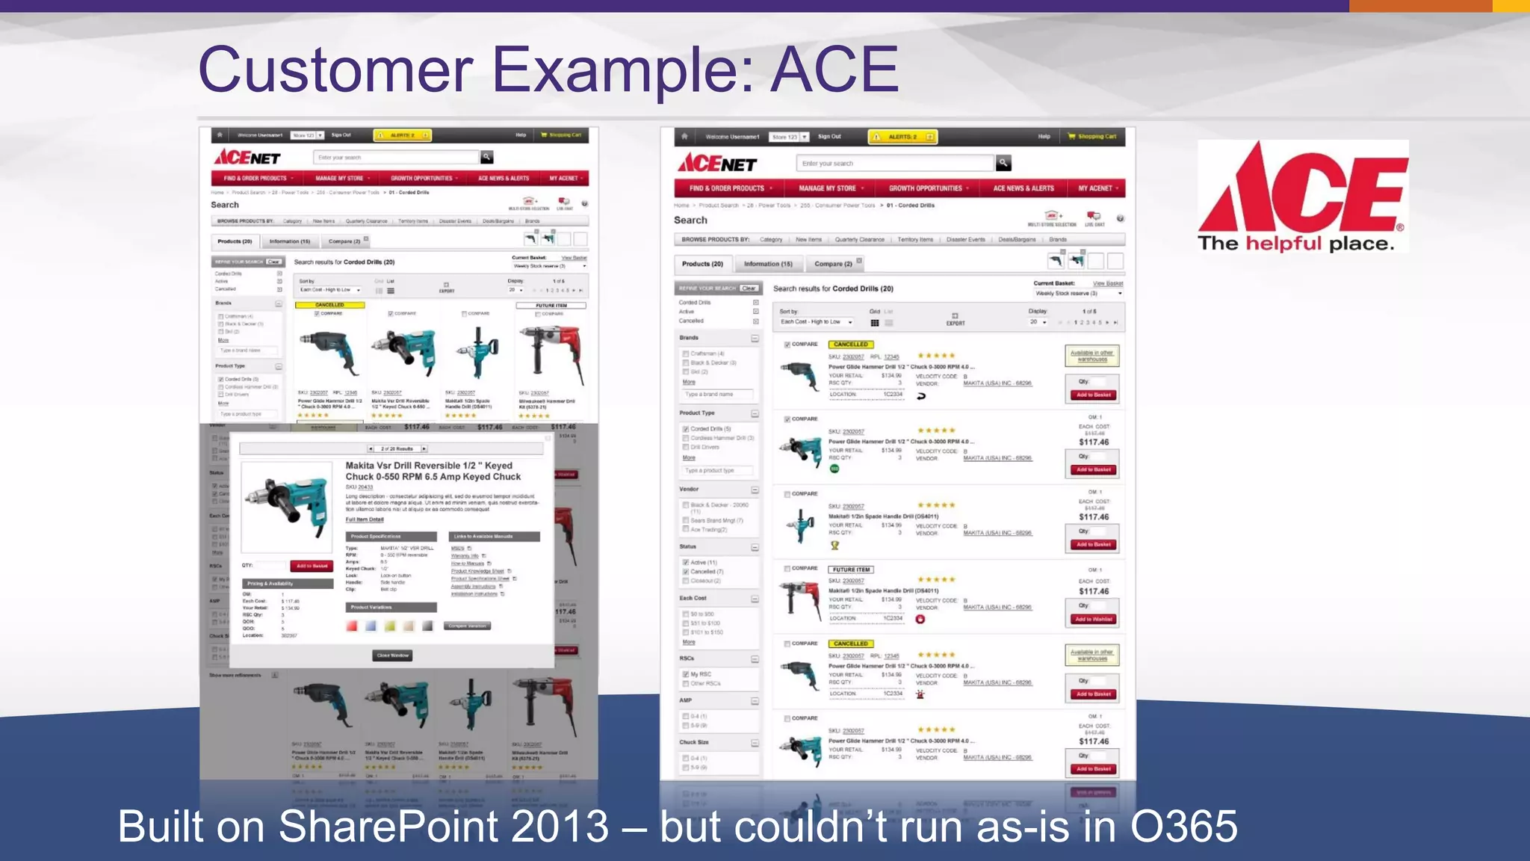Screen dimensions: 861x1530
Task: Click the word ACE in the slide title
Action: pos(834,70)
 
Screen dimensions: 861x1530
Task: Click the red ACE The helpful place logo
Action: pos(1302,196)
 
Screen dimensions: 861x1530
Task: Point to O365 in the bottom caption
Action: pos(1183,827)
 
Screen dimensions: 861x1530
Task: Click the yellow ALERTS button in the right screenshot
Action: pos(902,137)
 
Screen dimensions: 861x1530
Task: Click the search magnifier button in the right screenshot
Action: pos(1003,162)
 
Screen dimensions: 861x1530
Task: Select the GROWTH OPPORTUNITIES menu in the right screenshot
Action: pos(926,188)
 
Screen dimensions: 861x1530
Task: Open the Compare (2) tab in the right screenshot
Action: pos(833,264)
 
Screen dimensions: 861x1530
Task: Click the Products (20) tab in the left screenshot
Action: pos(235,241)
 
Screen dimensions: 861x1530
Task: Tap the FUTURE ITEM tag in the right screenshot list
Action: pos(851,570)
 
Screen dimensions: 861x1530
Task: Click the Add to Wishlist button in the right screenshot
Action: pos(1093,619)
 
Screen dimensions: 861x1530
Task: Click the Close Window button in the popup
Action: pos(393,655)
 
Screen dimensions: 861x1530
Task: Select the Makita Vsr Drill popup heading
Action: pos(433,471)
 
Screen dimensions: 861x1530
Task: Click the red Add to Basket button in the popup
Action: pos(312,566)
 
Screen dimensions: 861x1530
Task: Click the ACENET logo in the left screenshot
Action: pos(247,158)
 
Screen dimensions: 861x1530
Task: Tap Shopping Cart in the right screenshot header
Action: pos(1096,137)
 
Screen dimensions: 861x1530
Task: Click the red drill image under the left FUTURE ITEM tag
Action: pos(551,350)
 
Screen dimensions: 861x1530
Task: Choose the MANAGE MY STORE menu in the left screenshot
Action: pos(340,179)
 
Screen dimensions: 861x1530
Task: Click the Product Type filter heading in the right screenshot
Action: pos(696,413)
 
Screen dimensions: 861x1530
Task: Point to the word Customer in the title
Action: pos(335,70)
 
